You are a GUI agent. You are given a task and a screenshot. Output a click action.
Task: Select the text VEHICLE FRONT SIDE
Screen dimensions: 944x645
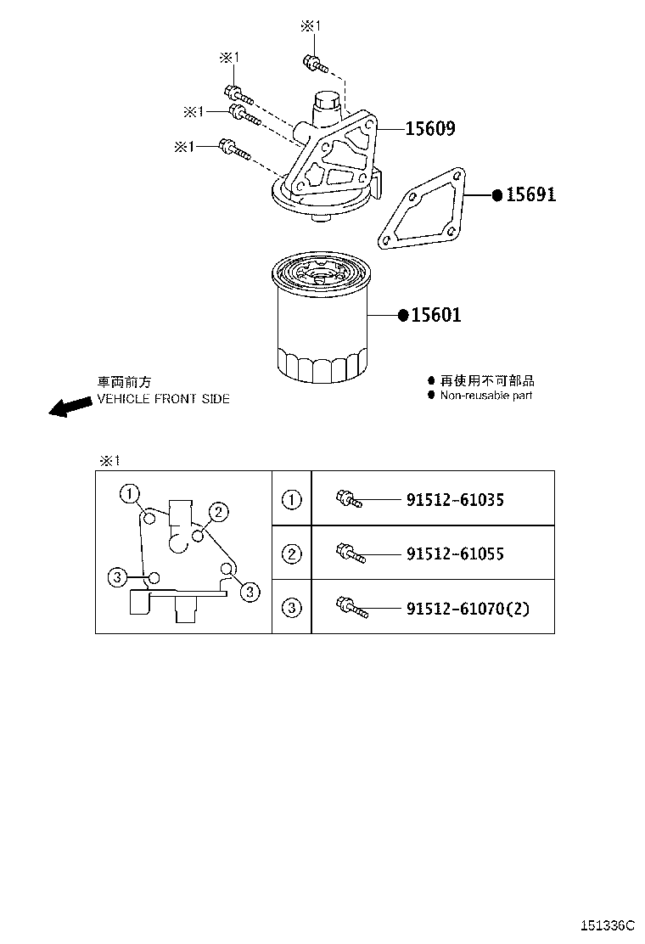click(163, 399)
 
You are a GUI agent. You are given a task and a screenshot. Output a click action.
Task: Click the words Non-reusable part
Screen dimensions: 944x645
click(485, 396)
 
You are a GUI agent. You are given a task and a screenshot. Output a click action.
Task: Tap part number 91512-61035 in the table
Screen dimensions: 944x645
click(455, 500)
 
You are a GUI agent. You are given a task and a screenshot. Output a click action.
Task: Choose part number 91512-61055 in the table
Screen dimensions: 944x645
click(455, 554)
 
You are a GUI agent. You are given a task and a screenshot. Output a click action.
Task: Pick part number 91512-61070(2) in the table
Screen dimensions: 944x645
click(467, 608)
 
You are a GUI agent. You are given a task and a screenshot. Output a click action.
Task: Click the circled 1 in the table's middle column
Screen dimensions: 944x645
click(291, 499)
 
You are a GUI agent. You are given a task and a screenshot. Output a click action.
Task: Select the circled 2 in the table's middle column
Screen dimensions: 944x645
click(291, 553)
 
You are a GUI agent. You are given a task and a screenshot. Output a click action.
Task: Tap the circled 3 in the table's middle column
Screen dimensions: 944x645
click(291, 607)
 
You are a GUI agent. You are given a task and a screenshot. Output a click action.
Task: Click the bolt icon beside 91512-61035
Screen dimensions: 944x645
click(349, 499)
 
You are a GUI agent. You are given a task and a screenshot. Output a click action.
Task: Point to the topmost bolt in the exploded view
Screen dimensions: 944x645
click(313, 62)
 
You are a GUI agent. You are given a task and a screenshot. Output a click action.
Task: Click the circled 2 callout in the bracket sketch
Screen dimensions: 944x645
click(217, 511)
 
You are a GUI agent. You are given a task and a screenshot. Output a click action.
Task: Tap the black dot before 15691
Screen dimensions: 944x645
click(497, 194)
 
